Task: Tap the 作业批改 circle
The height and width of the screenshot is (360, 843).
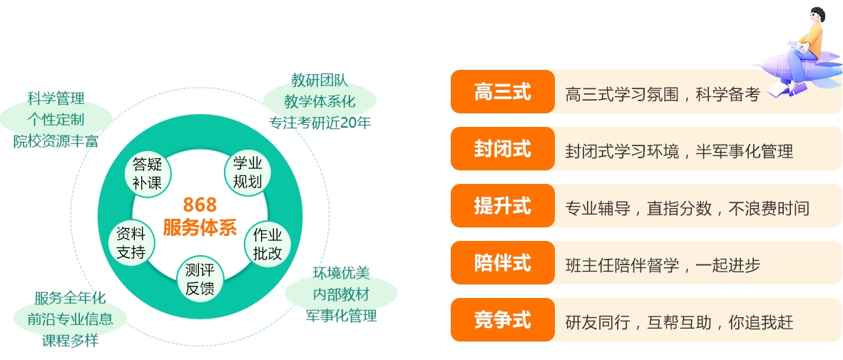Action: point(267,244)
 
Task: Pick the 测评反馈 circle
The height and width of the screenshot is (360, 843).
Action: point(200,280)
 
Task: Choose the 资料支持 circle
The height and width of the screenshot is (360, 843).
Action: point(131,242)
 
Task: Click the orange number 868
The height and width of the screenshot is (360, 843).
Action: point(200,205)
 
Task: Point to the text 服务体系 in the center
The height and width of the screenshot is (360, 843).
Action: point(200,227)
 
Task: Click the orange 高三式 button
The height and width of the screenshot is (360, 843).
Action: point(502,92)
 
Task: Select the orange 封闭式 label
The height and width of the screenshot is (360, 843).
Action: point(502,149)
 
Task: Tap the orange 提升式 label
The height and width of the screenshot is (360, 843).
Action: point(502,206)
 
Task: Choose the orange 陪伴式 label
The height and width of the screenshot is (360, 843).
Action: point(502,263)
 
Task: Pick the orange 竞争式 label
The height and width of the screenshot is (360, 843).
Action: point(502,320)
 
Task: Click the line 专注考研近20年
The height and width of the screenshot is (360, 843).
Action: point(320,122)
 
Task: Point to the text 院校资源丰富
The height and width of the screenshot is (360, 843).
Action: point(56,140)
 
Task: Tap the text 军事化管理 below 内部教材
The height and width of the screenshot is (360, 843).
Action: point(341,315)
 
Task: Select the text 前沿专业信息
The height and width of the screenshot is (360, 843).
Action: point(70,319)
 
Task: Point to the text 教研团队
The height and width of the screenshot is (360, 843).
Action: point(320,80)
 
